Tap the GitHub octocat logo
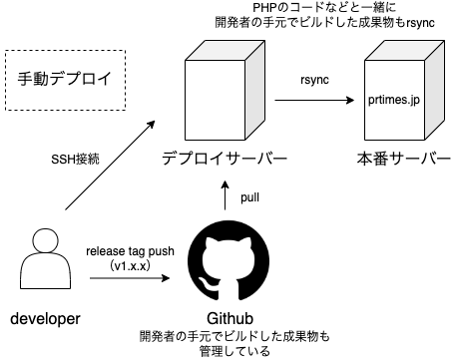tap(229, 261)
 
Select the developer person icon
tap(46, 258)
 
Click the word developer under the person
tap(45, 318)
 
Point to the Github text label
tap(230, 318)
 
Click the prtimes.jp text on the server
tap(394, 100)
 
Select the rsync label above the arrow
tap(314, 80)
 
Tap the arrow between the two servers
tap(314, 100)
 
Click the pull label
tap(249, 197)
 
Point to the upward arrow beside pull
tap(226, 195)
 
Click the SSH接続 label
tap(75, 160)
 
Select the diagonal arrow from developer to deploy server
tap(110, 166)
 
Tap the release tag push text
tap(130, 251)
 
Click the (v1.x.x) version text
tap(130, 265)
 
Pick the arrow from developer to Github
tap(130, 278)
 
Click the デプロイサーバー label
tap(225, 159)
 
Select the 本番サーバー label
tap(404, 159)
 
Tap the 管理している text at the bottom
tap(234, 352)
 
